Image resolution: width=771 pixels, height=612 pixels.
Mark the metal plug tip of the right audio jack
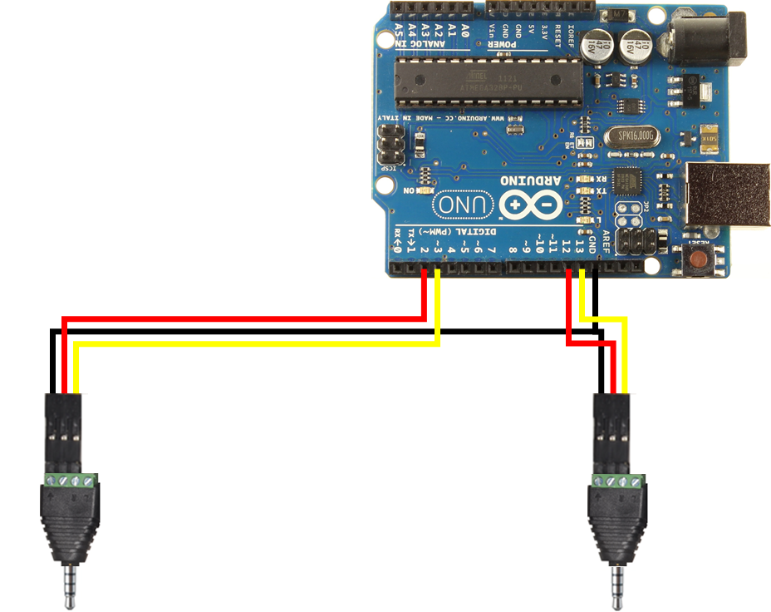click(616, 585)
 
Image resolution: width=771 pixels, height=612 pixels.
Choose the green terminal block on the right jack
click(618, 481)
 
